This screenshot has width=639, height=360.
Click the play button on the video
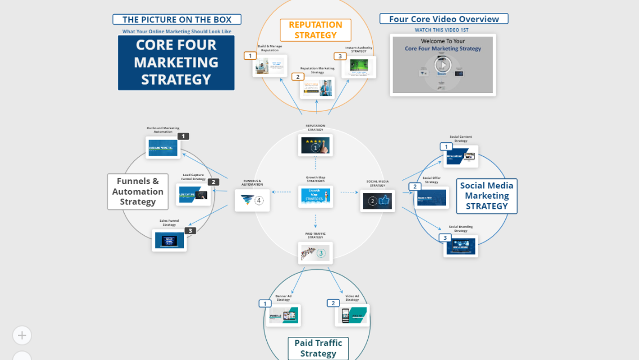pos(443,65)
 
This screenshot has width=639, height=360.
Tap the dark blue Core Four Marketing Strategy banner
pos(176,63)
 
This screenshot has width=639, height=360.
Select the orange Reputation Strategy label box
pos(315,30)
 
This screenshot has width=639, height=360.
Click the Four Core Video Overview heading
pos(444,19)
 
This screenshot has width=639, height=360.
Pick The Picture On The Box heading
pos(177,20)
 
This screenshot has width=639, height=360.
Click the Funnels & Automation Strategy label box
pos(138,192)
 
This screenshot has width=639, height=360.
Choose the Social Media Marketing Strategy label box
pos(487,196)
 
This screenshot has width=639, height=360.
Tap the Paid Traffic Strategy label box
pos(318,348)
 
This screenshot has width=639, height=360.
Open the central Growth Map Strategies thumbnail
pos(315,196)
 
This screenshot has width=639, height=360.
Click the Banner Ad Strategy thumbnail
pos(284,315)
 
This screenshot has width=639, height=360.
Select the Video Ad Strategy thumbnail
pos(352,315)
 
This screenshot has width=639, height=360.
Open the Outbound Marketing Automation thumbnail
pos(163,148)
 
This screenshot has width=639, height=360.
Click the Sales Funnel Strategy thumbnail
pos(169,240)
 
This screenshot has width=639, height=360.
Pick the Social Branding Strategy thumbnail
pos(461,246)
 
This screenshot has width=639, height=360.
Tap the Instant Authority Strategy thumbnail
pos(359,67)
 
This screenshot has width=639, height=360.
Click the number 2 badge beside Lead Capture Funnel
pos(213,182)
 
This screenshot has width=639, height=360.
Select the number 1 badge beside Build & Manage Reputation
pos(250,56)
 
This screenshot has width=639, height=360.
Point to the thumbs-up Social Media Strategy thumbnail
pos(377,200)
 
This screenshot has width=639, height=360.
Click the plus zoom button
pos(22,335)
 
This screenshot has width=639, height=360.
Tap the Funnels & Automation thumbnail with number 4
pos(252,200)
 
